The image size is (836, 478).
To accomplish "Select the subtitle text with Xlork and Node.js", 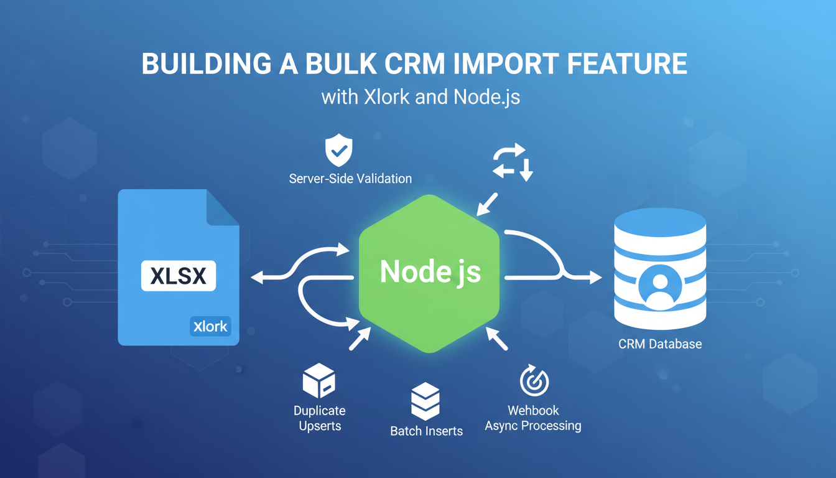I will (x=420, y=98).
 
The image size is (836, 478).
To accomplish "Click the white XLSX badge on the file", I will (x=179, y=276).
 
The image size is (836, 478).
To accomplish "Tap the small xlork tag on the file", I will (x=210, y=326).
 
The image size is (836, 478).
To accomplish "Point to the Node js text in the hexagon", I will (x=430, y=271).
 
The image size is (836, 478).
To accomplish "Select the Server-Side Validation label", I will (x=350, y=179).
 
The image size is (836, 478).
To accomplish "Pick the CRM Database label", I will (x=659, y=344).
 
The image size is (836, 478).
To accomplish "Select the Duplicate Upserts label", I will (x=319, y=418).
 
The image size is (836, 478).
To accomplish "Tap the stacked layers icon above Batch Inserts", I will (x=425, y=401).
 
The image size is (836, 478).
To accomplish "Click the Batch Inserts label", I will (x=426, y=431).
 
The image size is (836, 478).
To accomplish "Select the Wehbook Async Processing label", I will (x=533, y=418).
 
